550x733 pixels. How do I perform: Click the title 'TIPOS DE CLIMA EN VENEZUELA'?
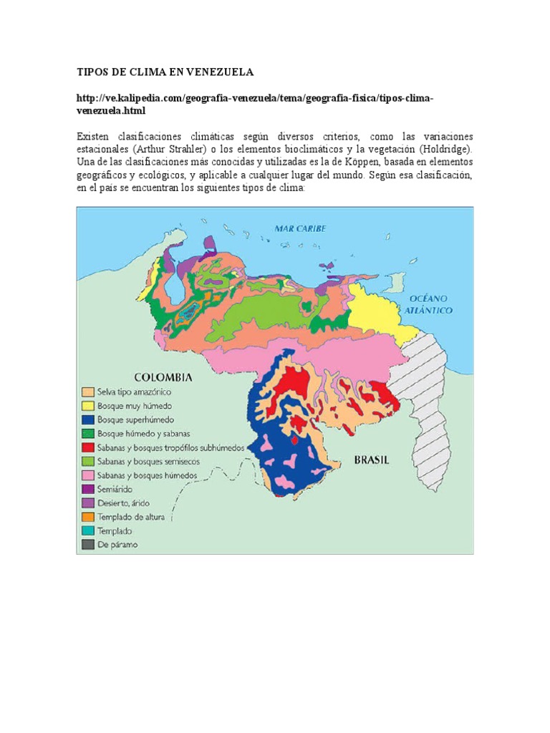(x=165, y=72)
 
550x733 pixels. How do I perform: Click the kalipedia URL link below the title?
(x=255, y=105)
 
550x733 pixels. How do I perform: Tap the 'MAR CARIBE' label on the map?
(x=301, y=228)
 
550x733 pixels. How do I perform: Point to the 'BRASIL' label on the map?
(x=372, y=460)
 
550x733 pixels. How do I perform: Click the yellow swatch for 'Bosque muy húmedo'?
(x=87, y=406)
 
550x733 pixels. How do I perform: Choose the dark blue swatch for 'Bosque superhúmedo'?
(x=87, y=419)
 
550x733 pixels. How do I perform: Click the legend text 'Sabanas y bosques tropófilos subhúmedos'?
(x=172, y=447)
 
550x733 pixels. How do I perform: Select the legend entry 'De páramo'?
(x=118, y=545)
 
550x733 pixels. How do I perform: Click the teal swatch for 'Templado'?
(x=87, y=530)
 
